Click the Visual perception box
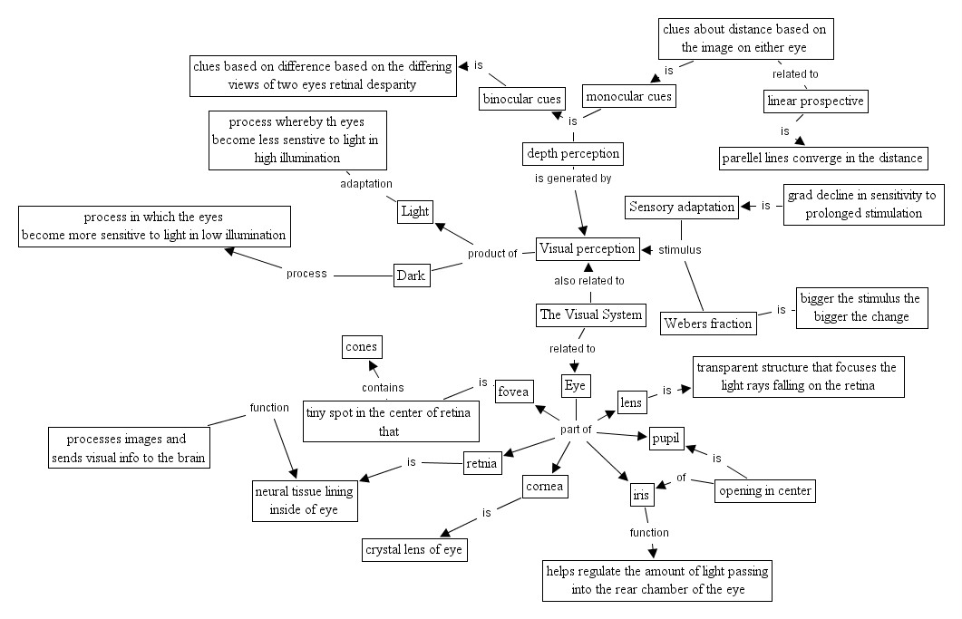587,248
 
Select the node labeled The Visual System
590,315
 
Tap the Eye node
576,386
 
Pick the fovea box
514,392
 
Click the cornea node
545,487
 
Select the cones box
361,346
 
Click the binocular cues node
523,99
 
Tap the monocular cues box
628,96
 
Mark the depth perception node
573,153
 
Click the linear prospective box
815,101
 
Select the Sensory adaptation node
682,207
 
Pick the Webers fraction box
708,323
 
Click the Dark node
411,276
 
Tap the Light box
414,211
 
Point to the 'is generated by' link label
573,179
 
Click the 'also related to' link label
589,281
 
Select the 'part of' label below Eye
576,429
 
